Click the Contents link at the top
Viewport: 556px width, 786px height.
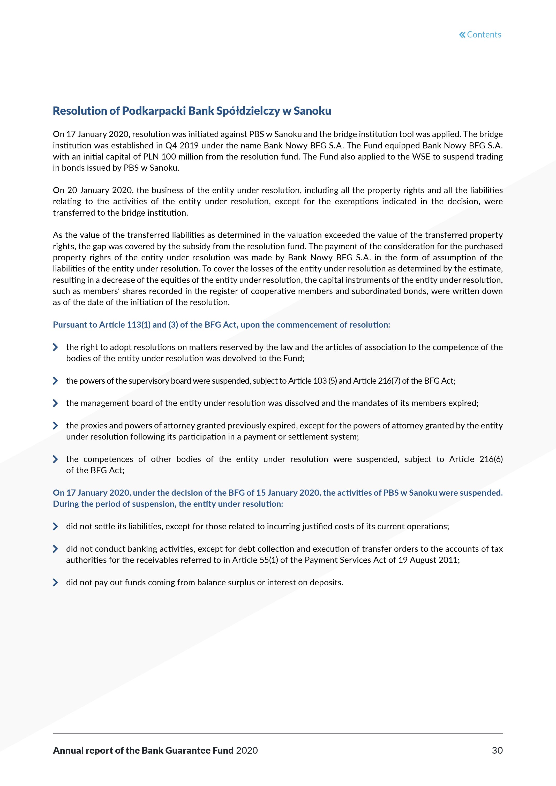(484, 35)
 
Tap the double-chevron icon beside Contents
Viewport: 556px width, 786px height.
(462, 35)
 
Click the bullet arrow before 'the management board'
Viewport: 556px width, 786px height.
(55, 403)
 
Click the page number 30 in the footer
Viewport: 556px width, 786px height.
(497, 750)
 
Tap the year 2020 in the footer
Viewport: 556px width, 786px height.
(247, 750)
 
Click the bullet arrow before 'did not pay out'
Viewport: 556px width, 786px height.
(55, 583)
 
